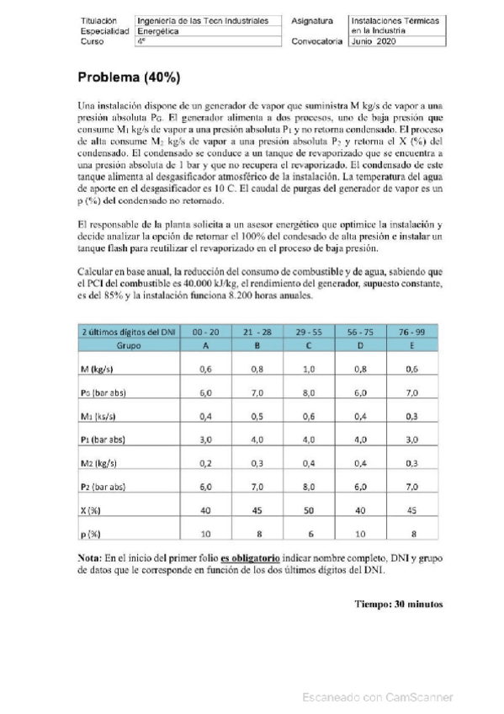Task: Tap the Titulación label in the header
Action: tap(98, 19)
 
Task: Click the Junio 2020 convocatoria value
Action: tap(374, 40)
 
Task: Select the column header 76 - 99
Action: tap(413, 333)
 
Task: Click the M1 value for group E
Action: tap(413, 416)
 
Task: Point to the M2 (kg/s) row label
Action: tap(105, 463)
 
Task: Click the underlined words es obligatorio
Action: tap(249, 558)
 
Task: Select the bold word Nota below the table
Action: tap(89, 558)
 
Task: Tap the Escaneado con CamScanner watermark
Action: tap(378, 696)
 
